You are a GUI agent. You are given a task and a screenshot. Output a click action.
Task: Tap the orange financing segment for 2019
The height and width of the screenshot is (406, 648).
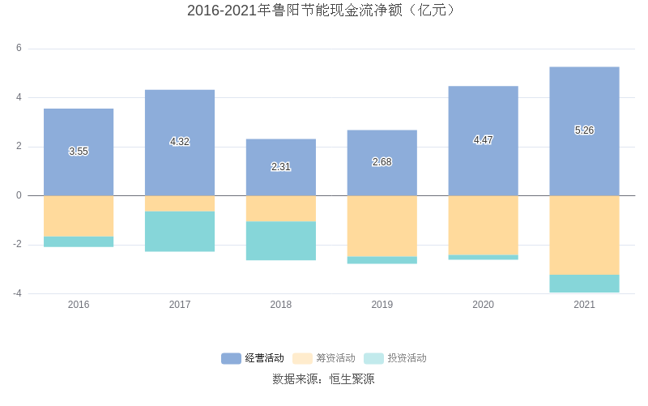[382, 226]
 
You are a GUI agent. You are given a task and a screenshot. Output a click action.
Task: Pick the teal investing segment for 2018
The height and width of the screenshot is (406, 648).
[281, 241]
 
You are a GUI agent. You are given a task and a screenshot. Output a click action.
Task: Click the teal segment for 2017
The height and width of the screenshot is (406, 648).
[180, 232]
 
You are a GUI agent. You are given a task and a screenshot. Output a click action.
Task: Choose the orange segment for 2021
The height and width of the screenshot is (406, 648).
[584, 235]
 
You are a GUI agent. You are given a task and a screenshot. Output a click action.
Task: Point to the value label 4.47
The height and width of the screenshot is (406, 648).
[483, 140]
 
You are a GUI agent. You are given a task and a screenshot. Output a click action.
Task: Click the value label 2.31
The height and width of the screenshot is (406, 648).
[281, 167]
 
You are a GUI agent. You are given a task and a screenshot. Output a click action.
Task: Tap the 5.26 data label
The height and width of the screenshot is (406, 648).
[584, 130]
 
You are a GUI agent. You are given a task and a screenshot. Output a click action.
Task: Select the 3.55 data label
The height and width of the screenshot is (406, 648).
[79, 152]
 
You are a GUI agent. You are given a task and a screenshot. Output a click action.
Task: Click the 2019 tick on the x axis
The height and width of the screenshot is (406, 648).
[382, 305]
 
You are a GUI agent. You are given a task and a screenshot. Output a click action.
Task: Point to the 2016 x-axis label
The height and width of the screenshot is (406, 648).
[79, 305]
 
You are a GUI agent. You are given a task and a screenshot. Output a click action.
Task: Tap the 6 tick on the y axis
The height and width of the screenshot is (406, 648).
[19, 49]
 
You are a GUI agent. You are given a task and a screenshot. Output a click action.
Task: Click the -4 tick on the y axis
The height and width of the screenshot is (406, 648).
[16, 293]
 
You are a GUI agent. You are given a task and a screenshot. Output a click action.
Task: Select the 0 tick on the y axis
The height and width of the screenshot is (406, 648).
[19, 195]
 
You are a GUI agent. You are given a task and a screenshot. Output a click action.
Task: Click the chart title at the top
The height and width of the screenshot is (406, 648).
[323, 11]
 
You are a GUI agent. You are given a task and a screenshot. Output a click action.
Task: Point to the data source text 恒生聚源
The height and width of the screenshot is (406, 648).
[323, 378]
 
